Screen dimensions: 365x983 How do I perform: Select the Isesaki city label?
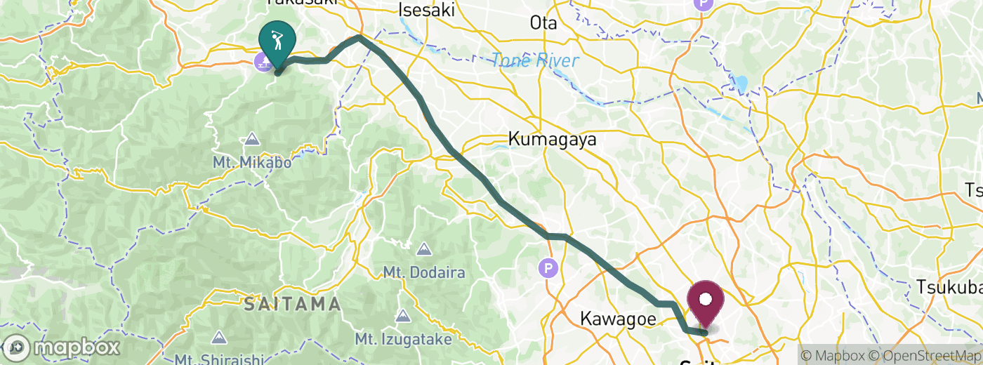pyautogui.click(x=426, y=10)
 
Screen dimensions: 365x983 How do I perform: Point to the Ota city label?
pyautogui.click(x=543, y=23)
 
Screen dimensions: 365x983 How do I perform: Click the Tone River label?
pyautogui.click(x=535, y=61)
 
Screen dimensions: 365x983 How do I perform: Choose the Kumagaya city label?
pyautogui.click(x=552, y=139)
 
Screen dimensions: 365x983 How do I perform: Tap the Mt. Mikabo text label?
pyautogui.click(x=252, y=163)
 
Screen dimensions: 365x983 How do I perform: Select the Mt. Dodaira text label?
pyautogui.click(x=424, y=271)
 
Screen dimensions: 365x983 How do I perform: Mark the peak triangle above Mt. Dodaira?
pyautogui.click(x=424, y=248)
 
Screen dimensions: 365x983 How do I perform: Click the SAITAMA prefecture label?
pyautogui.click(x=293, y=304)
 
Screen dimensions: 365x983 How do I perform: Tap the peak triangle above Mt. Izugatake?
pyautogui.click(x=403, y=317)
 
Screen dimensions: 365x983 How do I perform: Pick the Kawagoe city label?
pyautogui.click(x=619, y=319)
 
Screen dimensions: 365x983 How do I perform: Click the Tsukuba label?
pyautogui.click(x=948, y=288)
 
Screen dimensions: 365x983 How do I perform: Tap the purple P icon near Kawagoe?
pyautogui.click(x=548, y=267)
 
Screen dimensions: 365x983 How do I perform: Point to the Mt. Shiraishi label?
pyautogui.click(x=220, y=359)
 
